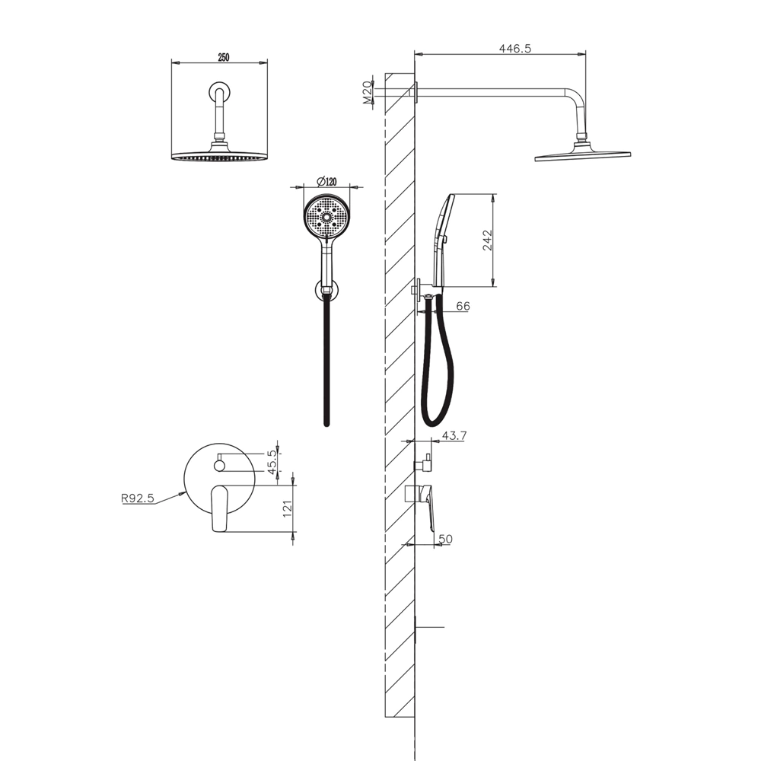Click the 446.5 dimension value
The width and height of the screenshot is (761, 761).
(515, 48)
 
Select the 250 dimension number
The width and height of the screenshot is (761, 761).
(223, 58)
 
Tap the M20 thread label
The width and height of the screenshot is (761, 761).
(368, 92)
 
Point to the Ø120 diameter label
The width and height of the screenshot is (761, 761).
(326, 182)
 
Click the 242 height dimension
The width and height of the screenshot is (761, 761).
(487, 240)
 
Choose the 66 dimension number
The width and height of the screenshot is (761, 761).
(463, 306)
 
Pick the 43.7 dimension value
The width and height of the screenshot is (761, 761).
(454, 436)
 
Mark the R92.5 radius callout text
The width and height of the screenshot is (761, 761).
(137, 498)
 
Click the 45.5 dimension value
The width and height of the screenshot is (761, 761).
(272, 462)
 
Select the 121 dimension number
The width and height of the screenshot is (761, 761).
(288, 508)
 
